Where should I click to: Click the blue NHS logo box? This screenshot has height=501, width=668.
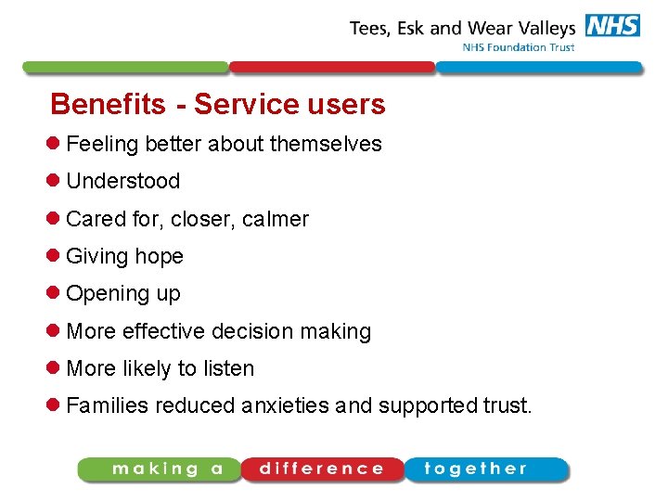(x=611, y=25)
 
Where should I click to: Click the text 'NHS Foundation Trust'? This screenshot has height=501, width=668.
(x=519, y=47)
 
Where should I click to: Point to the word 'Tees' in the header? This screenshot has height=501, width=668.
(x=370, y=28)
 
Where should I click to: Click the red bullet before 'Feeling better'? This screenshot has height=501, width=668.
(x=55, y=144)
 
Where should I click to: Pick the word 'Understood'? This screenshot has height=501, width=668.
(x=122, y=182)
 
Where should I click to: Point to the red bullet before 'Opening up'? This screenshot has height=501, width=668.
(x=55, y=293)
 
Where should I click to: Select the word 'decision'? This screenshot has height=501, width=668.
(x=251, y=331)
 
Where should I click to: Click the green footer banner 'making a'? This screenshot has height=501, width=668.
(x=160, y=469)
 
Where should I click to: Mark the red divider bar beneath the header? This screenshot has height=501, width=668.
(x=331, y=67)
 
